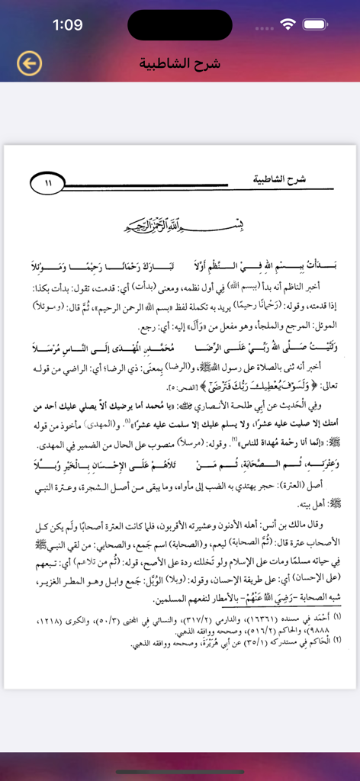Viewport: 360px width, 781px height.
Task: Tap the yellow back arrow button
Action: (29, 63)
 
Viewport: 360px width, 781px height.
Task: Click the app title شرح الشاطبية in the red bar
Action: (180, 63)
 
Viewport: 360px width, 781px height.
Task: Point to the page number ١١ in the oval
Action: (50, 183)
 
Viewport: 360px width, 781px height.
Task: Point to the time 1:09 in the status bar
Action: (67, 25)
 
